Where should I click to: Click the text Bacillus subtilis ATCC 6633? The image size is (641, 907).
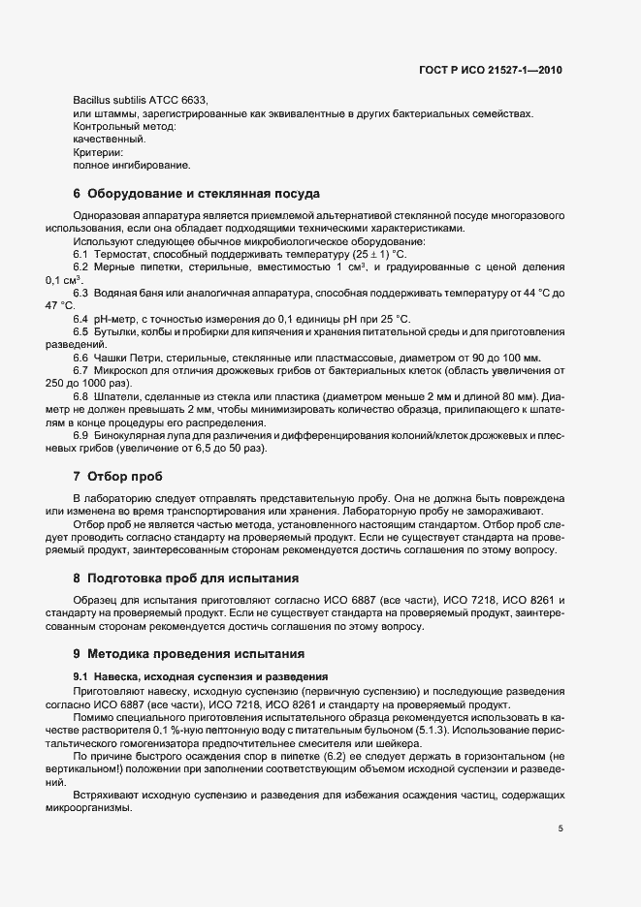tap(140, 101)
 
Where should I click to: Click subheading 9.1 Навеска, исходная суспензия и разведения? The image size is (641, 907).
tap(200, 674)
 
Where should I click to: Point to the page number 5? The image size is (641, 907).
tap(561, 801)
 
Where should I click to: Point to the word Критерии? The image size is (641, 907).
tap(98, 152)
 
